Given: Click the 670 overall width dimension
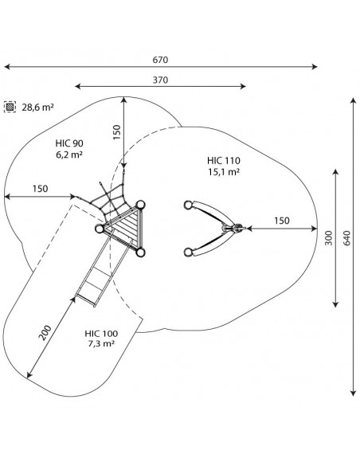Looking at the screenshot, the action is (160, 60).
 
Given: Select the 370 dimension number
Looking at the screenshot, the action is (160, 80).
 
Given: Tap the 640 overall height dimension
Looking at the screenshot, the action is (346, 238).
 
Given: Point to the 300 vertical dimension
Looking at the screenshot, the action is (329, 238).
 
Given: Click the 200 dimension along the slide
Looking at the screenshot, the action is (45, 332).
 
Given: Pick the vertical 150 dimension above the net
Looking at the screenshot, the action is (116, 132).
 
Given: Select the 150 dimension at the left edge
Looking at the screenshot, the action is (40, 189).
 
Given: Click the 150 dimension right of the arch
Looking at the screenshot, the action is (282, 221).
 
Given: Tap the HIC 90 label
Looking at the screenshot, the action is (69, 143).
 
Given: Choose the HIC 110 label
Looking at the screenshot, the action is (224, 161).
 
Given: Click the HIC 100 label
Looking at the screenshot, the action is (101, 334).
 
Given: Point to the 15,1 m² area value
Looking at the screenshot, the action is (224, 172).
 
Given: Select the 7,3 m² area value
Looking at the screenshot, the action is (101, 343).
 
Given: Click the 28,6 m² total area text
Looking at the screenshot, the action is (38, 108).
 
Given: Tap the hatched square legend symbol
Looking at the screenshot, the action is (10, 107).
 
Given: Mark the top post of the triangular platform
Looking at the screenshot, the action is (140, 205).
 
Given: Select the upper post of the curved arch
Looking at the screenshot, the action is (188, 205).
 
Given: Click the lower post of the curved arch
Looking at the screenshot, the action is (188, 252).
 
